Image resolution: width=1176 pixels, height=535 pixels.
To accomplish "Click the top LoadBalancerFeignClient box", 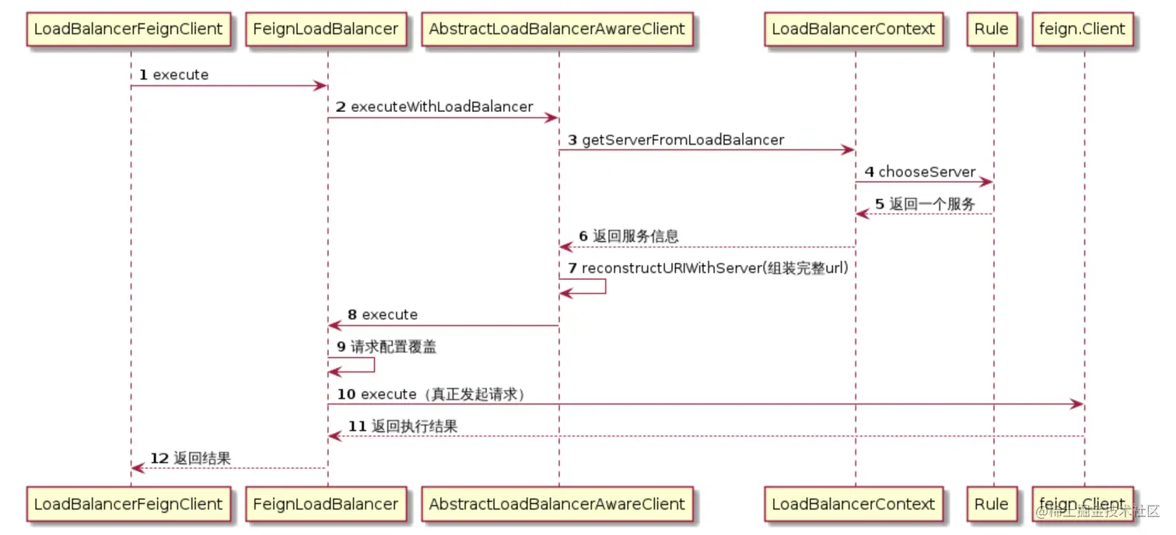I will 128,30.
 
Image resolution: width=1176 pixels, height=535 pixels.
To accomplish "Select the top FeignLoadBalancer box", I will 326,30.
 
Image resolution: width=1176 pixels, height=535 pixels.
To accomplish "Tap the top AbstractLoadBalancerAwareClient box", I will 557,30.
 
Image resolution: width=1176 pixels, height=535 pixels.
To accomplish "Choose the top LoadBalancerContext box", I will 853,30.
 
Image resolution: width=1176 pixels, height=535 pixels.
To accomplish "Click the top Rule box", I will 992,30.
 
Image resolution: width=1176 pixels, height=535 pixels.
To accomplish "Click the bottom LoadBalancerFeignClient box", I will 128,504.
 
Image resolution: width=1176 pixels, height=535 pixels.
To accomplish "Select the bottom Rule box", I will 992,504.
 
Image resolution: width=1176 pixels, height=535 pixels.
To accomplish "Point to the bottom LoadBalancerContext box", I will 853,504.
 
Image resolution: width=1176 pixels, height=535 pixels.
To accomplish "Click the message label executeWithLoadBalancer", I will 442,107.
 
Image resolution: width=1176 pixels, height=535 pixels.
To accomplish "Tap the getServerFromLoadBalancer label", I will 683,140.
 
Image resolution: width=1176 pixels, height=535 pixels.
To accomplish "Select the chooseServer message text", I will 926,172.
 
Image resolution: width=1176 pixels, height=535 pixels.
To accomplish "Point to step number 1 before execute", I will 144,75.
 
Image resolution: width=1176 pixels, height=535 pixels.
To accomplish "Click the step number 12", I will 159,459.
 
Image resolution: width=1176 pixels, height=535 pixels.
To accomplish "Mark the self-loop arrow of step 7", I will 605,286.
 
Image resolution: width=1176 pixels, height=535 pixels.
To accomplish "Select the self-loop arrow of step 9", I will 374,365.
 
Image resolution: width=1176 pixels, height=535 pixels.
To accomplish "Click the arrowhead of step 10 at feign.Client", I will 1078,404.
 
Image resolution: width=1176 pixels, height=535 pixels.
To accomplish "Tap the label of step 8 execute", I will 390,315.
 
